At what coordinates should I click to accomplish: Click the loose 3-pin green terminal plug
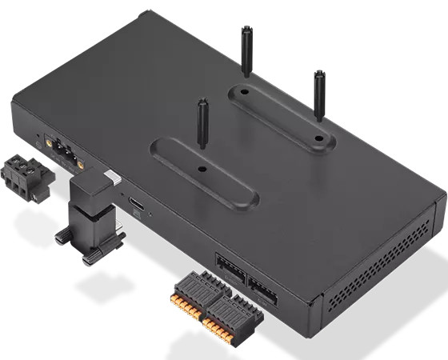[x=24, y=178]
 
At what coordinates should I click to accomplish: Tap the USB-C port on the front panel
[x=138, y=205]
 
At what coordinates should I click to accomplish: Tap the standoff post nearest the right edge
[x=319, y=94]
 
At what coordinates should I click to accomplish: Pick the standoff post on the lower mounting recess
[x=202, y=124]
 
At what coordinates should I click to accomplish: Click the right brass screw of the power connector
[x=80, y=161]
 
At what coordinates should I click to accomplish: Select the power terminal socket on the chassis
[x=63, y=151]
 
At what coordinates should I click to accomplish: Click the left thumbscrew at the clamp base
[x=62, y=237]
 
